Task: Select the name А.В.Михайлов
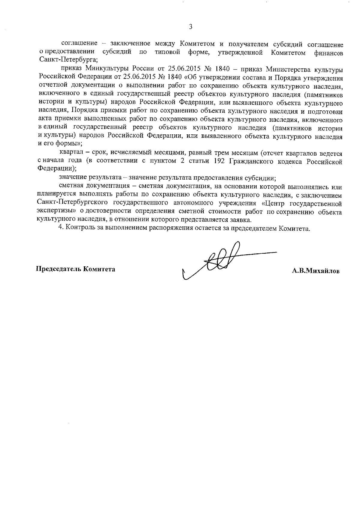(x=316, y=271)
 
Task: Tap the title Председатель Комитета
(x=76, y=269)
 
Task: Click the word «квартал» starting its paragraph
(x=70, y=154)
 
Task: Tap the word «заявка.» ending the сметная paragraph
(x=242, y=220)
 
